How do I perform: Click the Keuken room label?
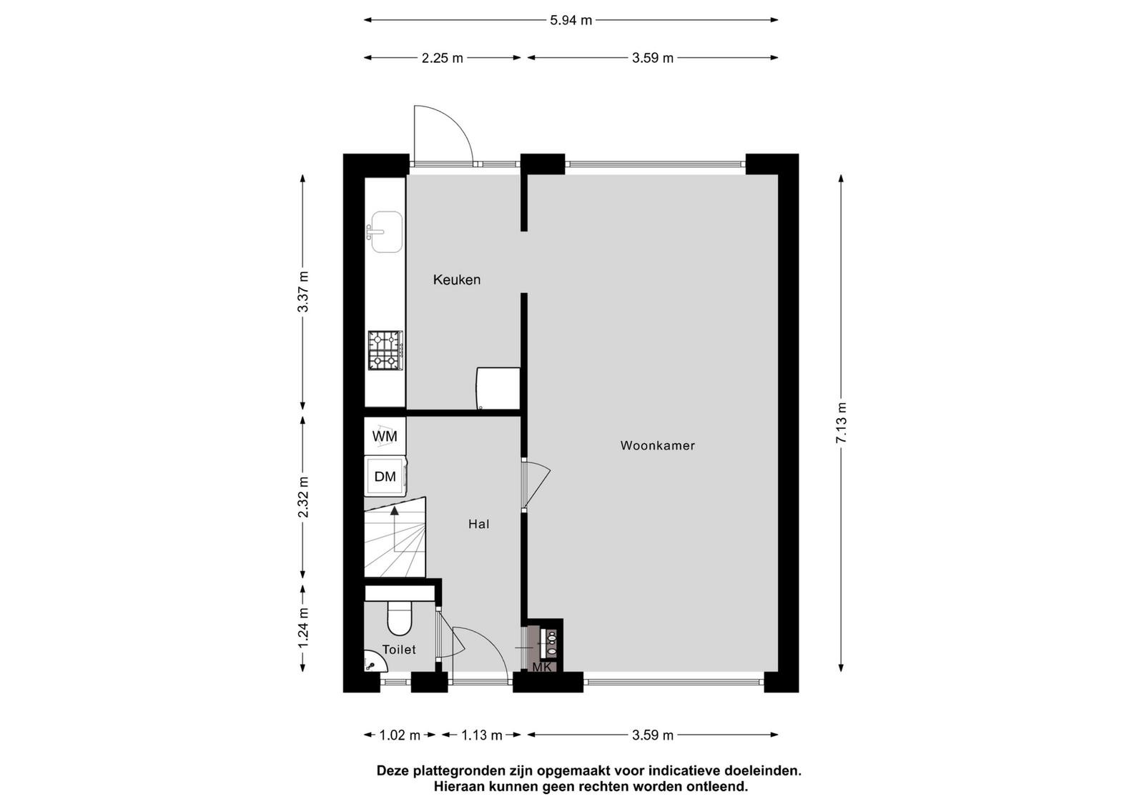pos(457,279)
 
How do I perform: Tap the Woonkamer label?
pos(657,445)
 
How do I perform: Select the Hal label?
pos(478,524)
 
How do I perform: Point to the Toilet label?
pos(399,650)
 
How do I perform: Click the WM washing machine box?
pos(385,436)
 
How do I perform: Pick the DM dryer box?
pos(385,477)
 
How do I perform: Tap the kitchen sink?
pos(385,232)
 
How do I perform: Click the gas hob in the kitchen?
pos(385,350)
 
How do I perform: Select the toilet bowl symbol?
pos(400,617)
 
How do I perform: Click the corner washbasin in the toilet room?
pos(374,662)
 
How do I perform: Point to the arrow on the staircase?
pos(395,528)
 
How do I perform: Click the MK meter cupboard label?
pos(541,667)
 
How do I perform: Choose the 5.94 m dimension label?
pos(571,21)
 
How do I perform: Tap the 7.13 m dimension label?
pos(841,423)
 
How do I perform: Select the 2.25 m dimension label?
pos(443,58)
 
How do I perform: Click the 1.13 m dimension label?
pos(482,735)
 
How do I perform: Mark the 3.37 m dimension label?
pos(303,292)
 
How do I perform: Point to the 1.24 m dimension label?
pos(303,628)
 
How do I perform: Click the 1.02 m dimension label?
pos(400,735)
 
